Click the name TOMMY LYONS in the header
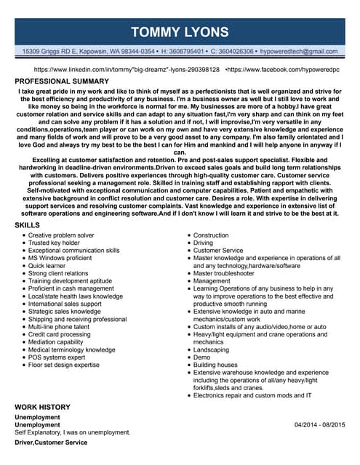[x=180, y=31]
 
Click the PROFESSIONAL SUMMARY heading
[x=62, y=81]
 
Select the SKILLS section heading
[x=28, y=226]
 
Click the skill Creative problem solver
[x=61, y=236]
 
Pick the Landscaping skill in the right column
[x=211, y=349]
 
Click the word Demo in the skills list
[x=201, y=357]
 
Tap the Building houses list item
[x=215, y=365]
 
